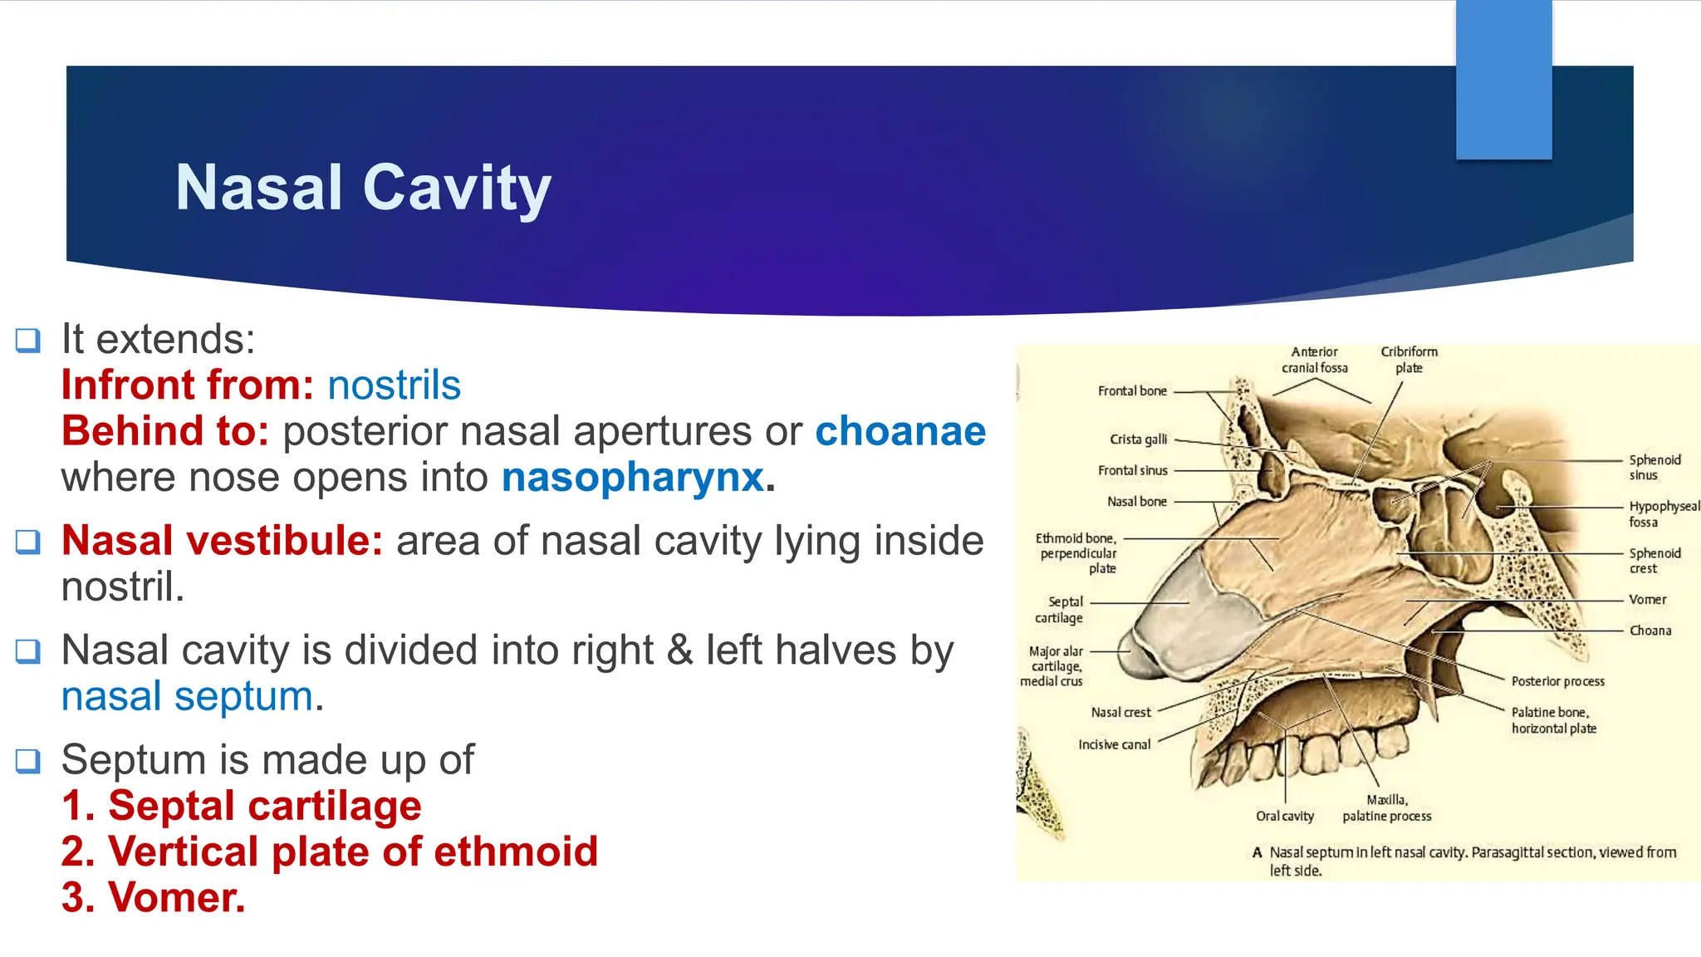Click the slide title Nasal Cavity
(363, 188)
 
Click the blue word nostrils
(394, 385)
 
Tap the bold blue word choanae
(900, 431)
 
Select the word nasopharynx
(632, 478)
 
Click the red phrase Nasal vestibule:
(222, 541)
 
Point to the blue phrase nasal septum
(188, 696)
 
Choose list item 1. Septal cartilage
(242, 806)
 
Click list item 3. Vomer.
(154, 898)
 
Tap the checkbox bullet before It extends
(27, 340)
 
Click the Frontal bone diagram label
(1131, 391)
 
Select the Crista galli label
(1138, 439)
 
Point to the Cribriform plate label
(1409, 360)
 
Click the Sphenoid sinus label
(1654, 467)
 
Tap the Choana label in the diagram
(1650, 631)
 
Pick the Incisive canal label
(1114, 745)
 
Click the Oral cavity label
(1284, 817)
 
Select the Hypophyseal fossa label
(1663, 513)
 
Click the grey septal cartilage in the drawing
(1196, 615)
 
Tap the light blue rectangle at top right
(1503, 79)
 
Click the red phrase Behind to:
(165, 431)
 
